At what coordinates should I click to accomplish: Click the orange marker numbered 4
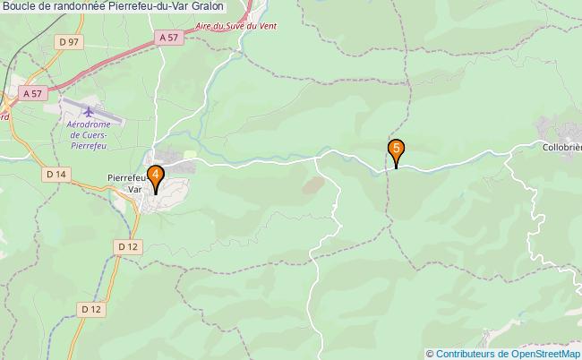point(156,176)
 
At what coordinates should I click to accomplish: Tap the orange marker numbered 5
point(396,150)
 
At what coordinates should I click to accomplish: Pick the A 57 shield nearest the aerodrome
point(33,93)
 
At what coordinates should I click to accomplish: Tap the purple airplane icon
point(90,111)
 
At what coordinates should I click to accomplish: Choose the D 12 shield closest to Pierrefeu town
point(126,245)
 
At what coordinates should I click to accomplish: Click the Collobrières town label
point(562,146)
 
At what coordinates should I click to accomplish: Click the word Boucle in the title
point(20,7)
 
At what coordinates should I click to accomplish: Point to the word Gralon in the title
point(208,7)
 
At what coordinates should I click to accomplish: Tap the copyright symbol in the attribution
point(430,353)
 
